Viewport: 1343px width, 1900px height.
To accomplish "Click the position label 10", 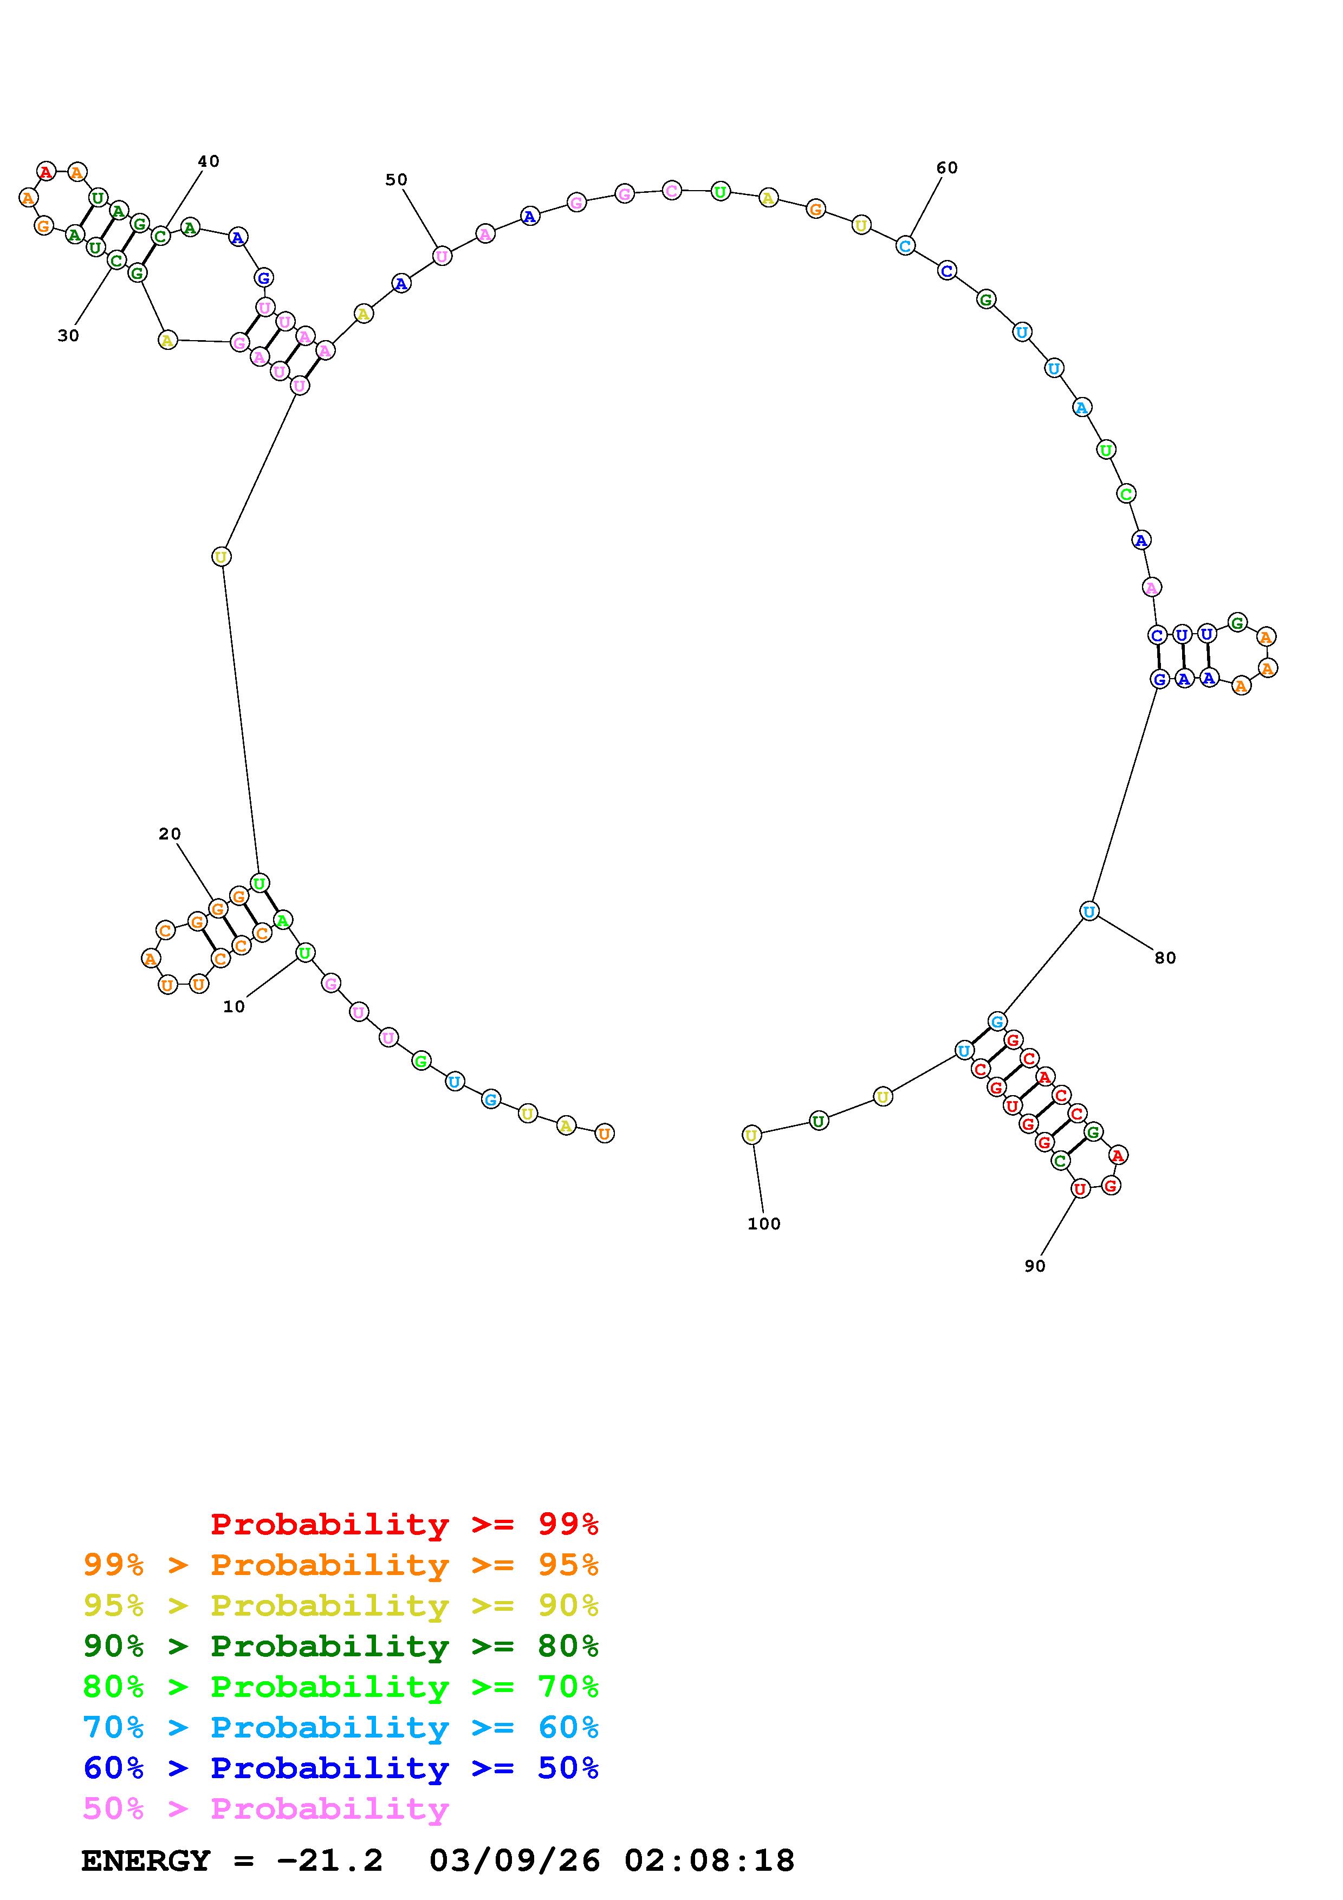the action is [234, 1007].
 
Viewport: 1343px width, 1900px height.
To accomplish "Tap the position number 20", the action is [170, 834].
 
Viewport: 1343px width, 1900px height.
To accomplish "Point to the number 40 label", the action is [209, 161].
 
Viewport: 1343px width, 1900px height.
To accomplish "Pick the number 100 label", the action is [764, 1224].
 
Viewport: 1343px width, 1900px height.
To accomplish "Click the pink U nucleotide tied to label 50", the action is [442, 257].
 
